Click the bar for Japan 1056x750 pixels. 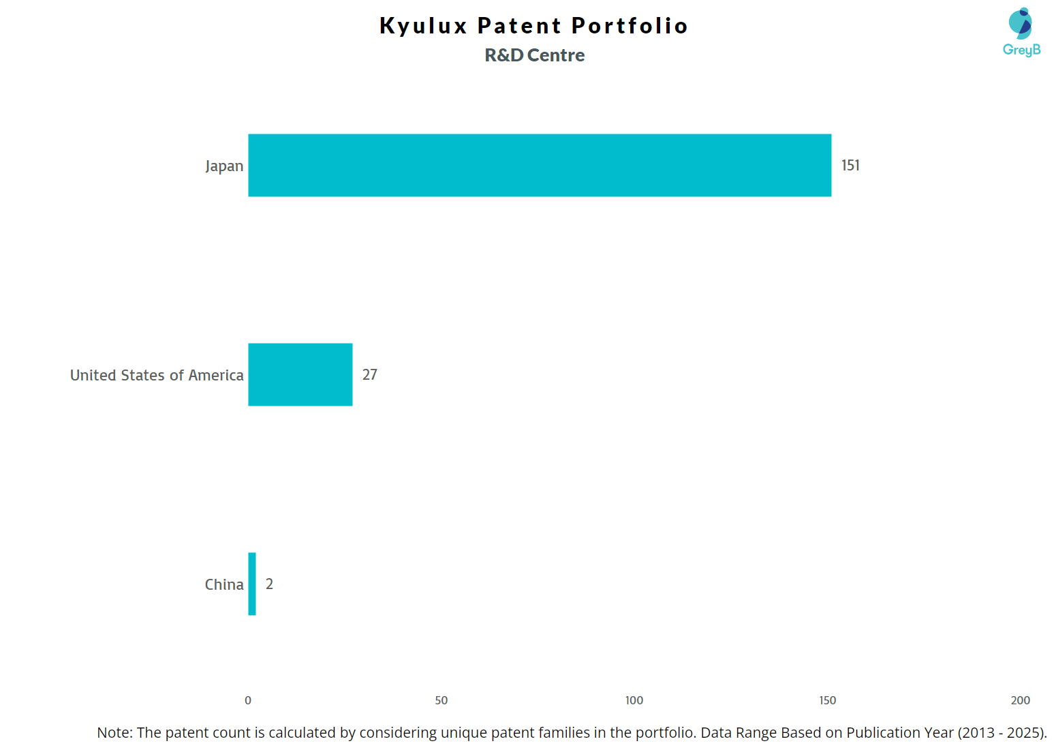(540, 165)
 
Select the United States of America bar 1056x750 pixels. (300, 374)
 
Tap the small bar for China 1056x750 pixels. (252, 584)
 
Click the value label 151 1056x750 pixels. (850, 166)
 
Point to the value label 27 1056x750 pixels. (369, 375)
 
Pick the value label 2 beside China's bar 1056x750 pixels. (269, 584)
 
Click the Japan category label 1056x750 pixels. (224, 166)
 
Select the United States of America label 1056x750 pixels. (157, 376)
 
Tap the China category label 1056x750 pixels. (224, 585)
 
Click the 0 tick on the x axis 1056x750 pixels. (248, 700)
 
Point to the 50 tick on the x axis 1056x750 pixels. (441, 700)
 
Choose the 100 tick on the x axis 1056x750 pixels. (634, 700)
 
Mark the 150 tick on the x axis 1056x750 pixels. (828, 700)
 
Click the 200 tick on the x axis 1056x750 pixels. (1021, 700)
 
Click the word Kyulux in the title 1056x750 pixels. (423, 26)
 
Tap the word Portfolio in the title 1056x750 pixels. (630, 26)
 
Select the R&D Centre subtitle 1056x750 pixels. (535, 55)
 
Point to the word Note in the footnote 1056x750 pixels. (113, 733)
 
